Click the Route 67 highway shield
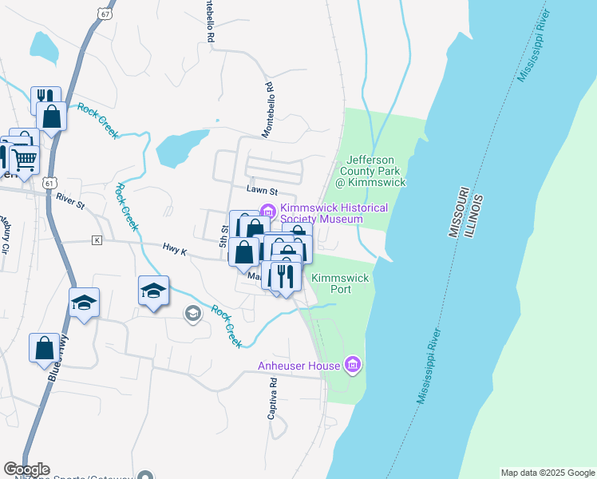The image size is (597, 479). pos(105,14)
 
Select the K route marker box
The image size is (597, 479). pos(97,239)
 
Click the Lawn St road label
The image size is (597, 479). pos(261,192)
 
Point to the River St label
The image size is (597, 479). pos(70,206)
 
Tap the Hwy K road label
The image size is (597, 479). pos(174,250)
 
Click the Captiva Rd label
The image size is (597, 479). pos(271,399)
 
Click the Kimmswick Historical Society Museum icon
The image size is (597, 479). pos(267,212)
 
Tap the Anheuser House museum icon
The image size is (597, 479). pos(352,366)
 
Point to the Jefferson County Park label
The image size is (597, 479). pos(371,171)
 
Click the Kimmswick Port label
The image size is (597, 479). pos(340,283)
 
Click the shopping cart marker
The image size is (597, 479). pos(24,160)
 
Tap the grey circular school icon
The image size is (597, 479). pos(192,313)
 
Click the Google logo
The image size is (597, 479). pos(26,469)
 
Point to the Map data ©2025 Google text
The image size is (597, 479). pos(548,473)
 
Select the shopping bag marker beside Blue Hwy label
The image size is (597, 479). pos(44,347)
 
